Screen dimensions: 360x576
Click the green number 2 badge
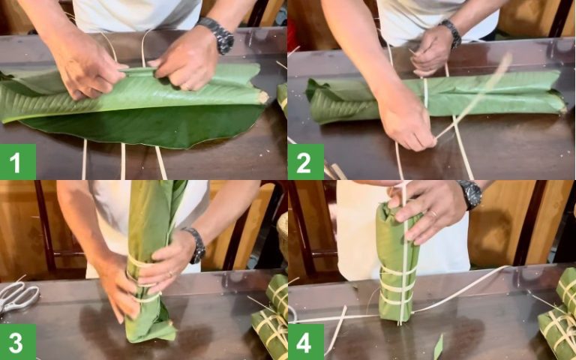[x=306, y=161]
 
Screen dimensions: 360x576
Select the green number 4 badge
[x=306, y=341]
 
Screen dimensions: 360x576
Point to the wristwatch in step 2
[x=451, y=34]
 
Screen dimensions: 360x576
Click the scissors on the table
[x=18, y=296]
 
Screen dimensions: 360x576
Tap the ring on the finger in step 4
[x=433, y=214]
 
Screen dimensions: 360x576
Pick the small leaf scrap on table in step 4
[x=438, y=346]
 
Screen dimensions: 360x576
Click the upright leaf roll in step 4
[x=397, y=262]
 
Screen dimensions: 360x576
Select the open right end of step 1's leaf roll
[x=259, y=96]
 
